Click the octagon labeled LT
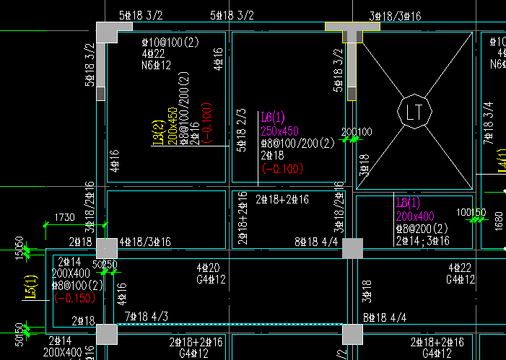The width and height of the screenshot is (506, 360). tap(414, 112)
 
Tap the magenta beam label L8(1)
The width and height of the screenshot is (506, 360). tap(408, 202)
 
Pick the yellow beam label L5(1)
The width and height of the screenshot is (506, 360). tap(30, 288)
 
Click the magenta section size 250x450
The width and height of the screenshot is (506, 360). tap(280, 131)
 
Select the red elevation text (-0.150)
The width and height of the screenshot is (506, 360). tap(74, 297)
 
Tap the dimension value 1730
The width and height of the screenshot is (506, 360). tap(64, 217)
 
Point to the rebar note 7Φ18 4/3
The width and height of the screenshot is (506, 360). tap(147, 316)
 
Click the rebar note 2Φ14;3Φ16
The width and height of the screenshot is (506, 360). tap(423, 240)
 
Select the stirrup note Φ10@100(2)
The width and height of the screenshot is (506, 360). tap(170, 42)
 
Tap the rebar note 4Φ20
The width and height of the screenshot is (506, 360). tap(208, 268)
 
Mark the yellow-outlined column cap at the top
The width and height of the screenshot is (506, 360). tap(352, 27)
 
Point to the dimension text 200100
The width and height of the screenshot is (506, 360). tap(357, 132)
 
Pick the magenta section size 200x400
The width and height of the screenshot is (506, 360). tap(415, 216)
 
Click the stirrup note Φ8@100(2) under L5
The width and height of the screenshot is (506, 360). tap(77, 286)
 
